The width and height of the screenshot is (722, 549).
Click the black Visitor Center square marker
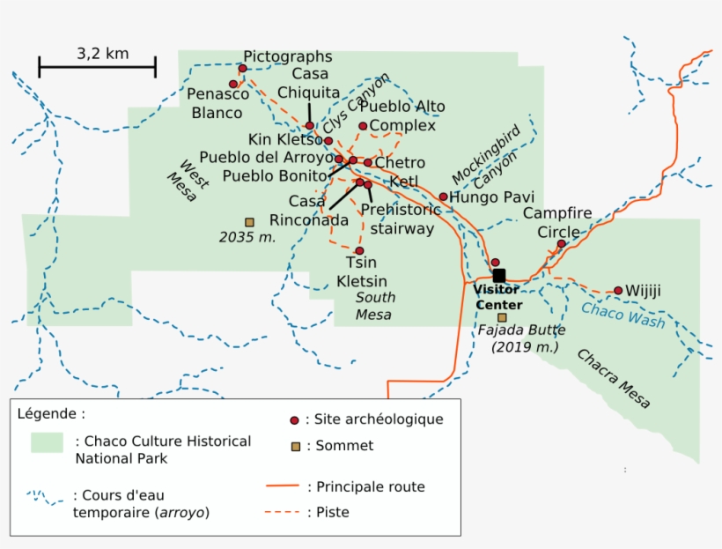(x=499, y=276)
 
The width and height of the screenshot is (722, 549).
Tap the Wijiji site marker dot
(x=618, y=291)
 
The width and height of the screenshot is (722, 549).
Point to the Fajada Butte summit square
(x=502, y=317)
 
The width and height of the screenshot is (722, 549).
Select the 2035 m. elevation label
(x=247, y=237)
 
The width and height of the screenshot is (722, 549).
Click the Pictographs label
(x=288, y=56)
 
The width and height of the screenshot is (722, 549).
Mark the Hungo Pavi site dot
(x=443, y=197)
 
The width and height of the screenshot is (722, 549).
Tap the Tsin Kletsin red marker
(x=359, y=251)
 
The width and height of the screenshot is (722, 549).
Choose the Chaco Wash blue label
(x=623, y=314)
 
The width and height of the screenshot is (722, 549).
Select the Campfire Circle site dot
(x=561, y=244)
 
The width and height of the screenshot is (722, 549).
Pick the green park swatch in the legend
(x=47, y=442)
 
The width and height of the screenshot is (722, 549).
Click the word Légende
(x=51, y=412)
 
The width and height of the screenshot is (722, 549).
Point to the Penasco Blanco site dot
(x=233, y=85)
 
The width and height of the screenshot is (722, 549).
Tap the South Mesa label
(x=373, y=306)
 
